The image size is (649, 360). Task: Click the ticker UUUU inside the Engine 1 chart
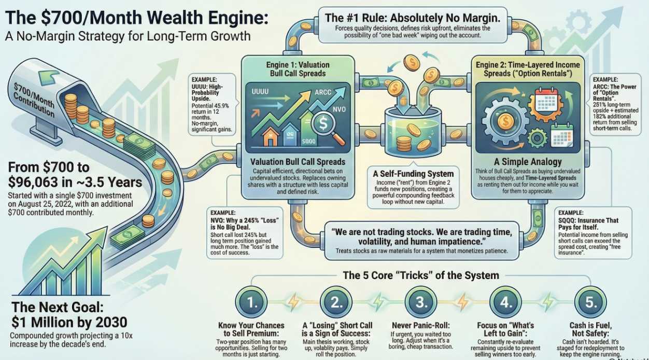point(262,91)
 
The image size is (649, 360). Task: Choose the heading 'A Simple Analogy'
point(530,162)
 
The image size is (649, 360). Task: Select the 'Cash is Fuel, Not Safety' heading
point(590,330)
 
